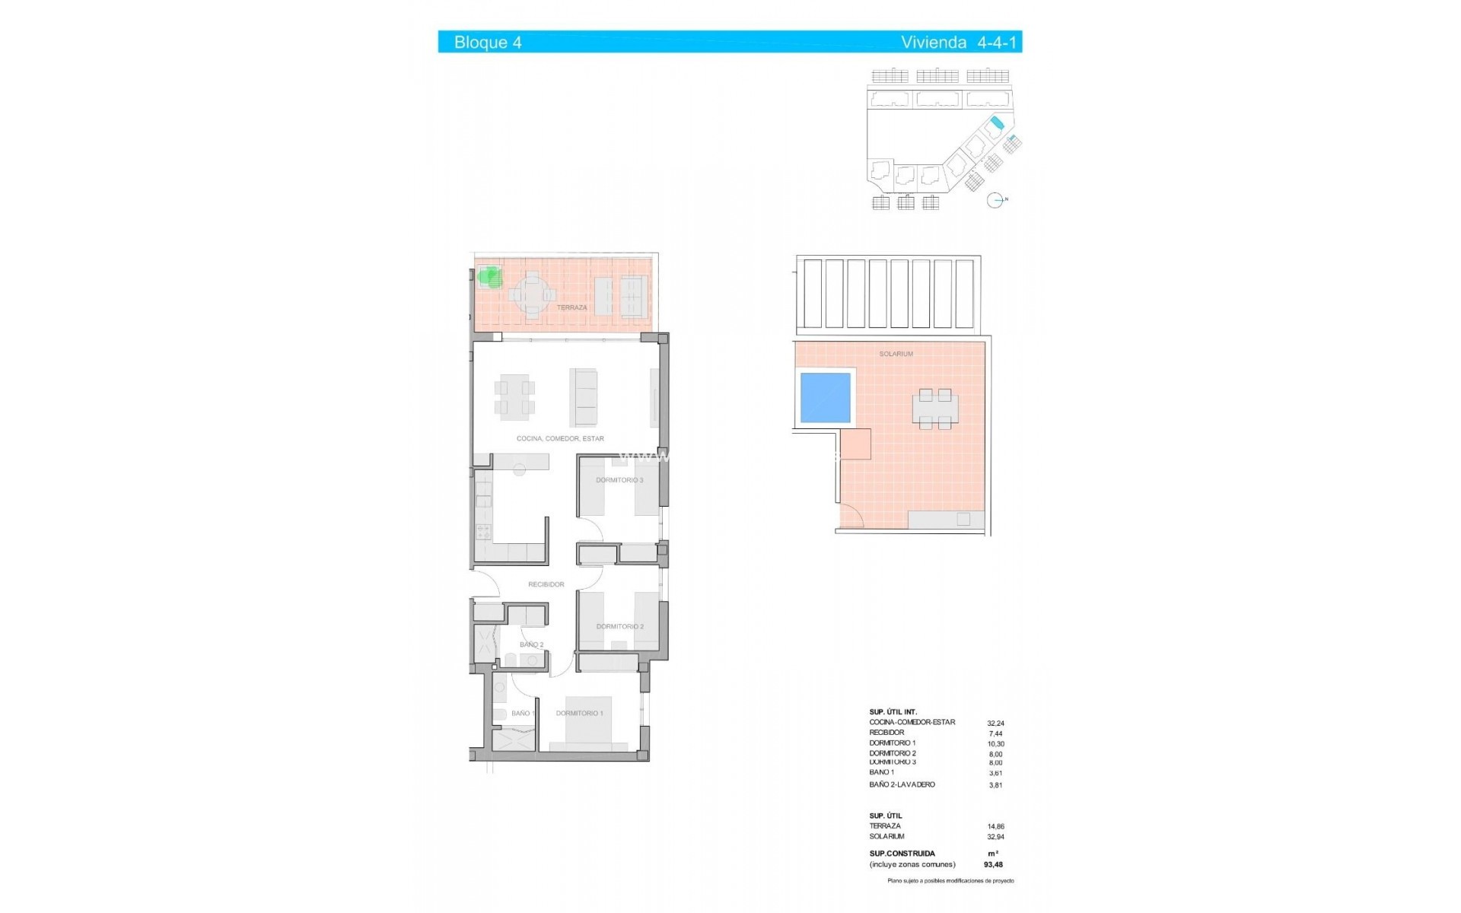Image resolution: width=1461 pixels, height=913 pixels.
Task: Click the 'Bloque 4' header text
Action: click(488, 43)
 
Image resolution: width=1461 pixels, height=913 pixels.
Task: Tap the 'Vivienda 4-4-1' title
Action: click(958, 43)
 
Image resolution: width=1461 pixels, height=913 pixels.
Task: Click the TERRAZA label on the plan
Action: click(571, 307)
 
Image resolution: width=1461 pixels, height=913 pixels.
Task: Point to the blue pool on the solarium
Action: click(825, 397)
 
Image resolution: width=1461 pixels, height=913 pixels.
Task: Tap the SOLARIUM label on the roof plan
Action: click(896, 354)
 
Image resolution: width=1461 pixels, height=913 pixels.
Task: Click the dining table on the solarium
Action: click(934, 409)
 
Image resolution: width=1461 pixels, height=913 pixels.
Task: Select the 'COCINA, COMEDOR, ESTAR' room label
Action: click(560, 439)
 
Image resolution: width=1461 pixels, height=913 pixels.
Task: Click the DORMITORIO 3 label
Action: click(619, 480)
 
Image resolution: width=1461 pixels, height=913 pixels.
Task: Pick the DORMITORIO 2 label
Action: click(619, 627)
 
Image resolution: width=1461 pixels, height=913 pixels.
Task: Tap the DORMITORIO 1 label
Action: click(579, 714)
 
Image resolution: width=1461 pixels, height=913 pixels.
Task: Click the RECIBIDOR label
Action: click(546, 584)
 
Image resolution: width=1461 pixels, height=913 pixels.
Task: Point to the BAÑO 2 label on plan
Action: click(531, 644)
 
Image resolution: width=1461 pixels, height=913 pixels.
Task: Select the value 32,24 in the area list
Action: click(995, 724)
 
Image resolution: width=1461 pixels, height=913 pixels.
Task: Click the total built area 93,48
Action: click(993, 864)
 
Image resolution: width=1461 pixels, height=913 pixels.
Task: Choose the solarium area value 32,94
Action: click(995, 837)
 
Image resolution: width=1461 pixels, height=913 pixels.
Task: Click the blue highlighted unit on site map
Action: click(997, 123)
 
